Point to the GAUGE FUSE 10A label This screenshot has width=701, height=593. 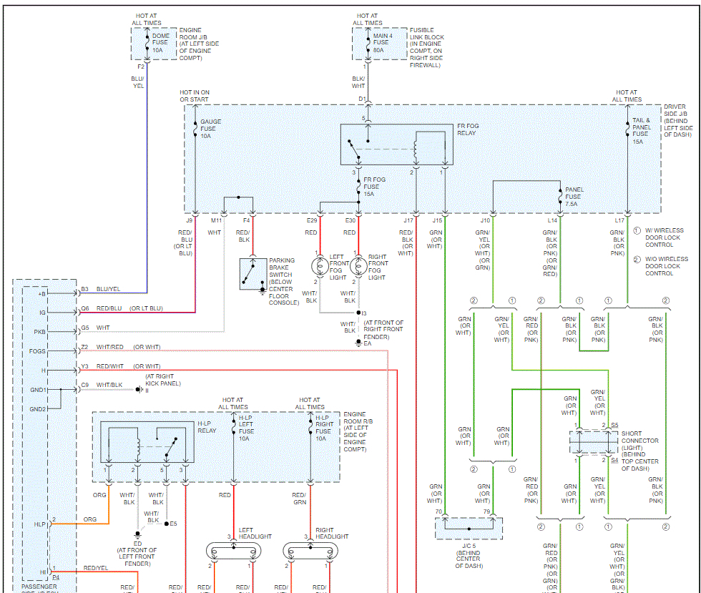tap(210, 129)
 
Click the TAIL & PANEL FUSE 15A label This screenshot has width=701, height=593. tap(642, 131)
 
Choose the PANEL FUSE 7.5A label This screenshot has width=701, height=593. tap(574, 197)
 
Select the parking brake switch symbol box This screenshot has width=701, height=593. tap(253, 274)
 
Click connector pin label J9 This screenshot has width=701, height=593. tap(190, 220)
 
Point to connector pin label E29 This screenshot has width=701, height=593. tap(312, 220)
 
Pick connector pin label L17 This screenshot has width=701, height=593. tap(619, 220)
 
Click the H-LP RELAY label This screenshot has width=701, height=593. tap(207, 428)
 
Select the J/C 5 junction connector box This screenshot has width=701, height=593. tap(469, 527)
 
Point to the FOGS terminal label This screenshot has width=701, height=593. tap(37, 351)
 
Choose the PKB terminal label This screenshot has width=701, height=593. tap(39, 332)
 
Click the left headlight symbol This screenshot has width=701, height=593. tap(232, 551)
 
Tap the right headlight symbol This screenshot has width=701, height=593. tap(310, 551)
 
